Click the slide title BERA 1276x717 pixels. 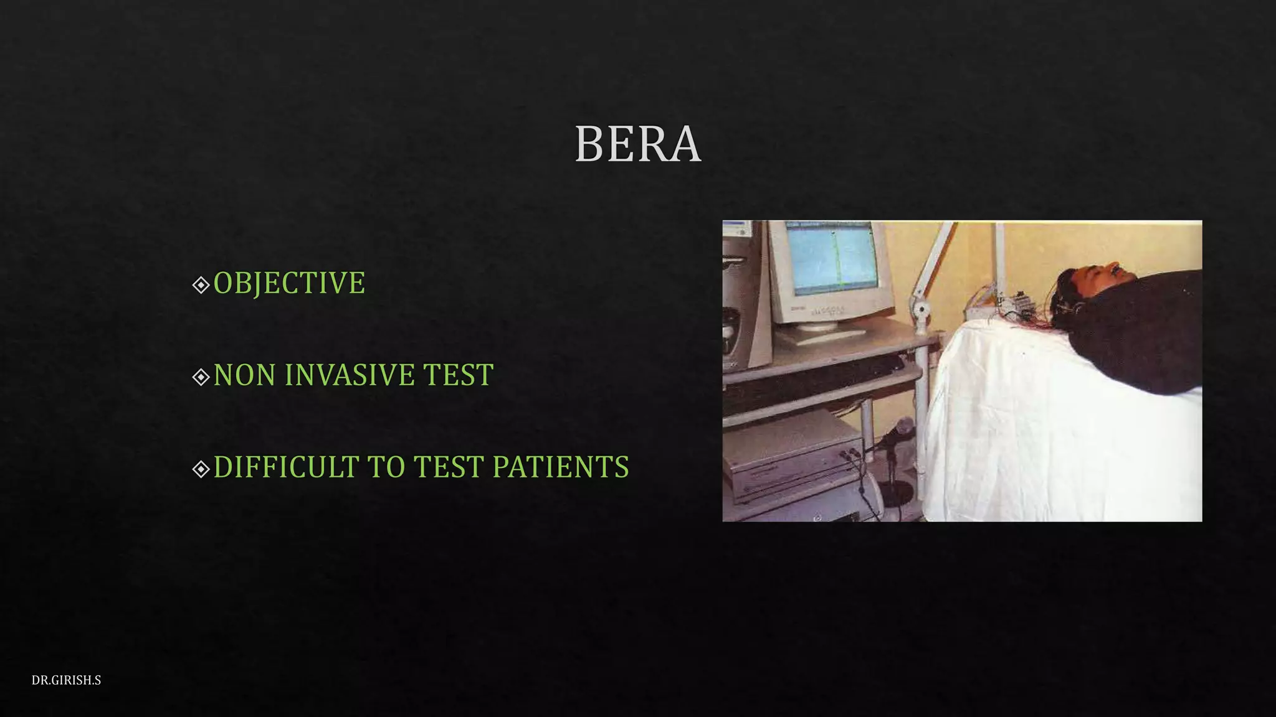click(x=637, y=144)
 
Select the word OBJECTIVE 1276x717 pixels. click(x=289, y=283)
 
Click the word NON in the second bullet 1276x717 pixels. click(x=244, y=375)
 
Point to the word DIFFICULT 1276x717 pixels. click(x=286, y=467)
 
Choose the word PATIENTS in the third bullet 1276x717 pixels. click(x=560, y=467)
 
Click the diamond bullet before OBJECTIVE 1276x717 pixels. click(x=201, y=285)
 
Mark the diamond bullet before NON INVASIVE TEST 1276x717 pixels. click(x=201, y=377)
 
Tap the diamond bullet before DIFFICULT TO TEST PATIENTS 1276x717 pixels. click(x=201, y=469)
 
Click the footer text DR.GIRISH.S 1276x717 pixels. click(x=66, y=680)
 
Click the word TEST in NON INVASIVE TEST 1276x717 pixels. click(x=458, y=375)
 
